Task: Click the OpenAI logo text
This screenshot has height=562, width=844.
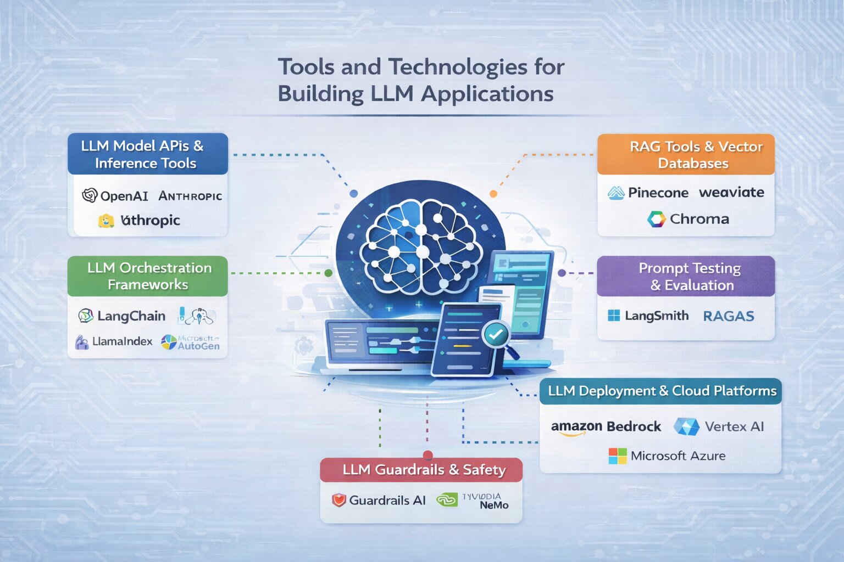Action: coord(124,196)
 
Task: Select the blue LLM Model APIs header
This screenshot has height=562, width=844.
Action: coord(147,154)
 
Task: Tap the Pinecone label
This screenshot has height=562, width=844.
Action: coord(658,193)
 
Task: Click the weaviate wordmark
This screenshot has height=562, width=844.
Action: coord(731,192)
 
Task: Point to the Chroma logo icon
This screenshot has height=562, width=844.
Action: coord(656,219)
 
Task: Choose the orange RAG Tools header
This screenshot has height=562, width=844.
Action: coord(686,155)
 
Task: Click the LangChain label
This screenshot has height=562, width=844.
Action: coord(131,316)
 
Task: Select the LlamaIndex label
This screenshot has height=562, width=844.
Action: coord(122,341)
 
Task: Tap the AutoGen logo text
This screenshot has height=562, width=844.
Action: coord(198,345)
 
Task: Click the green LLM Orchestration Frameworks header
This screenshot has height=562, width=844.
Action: coord(147,276)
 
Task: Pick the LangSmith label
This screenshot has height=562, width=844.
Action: coord(656,316)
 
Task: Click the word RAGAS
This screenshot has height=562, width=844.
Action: coord(729,316)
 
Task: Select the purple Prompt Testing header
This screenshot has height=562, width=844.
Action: coord(686,277)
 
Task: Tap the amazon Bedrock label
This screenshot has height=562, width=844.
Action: coord(606,426)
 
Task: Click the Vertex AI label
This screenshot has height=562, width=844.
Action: coord(734,426)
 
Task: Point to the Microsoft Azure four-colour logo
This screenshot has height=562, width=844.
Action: coord(617,456)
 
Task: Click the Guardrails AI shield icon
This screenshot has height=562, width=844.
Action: coord(339,500)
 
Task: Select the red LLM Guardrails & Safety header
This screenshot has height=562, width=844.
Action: coord(421,470)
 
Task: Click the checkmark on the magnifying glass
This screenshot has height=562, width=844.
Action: coord(496,334)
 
